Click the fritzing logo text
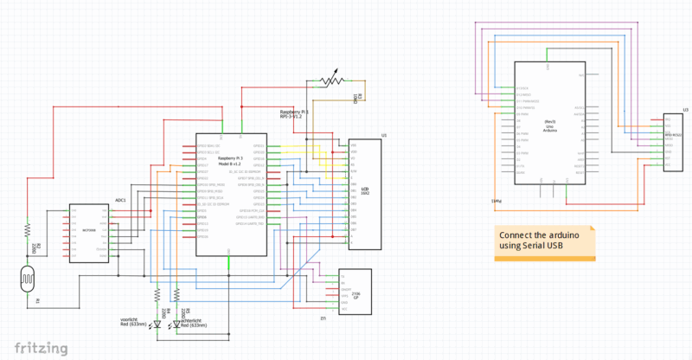tap(35, 348)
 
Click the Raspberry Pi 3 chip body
tap(230, 195)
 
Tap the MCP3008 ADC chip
tap(88, 232)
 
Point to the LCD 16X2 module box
tap(363, 195)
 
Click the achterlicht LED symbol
tap(176, 325)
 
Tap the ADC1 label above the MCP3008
tap(120, 200)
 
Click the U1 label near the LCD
tap(384, 137)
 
